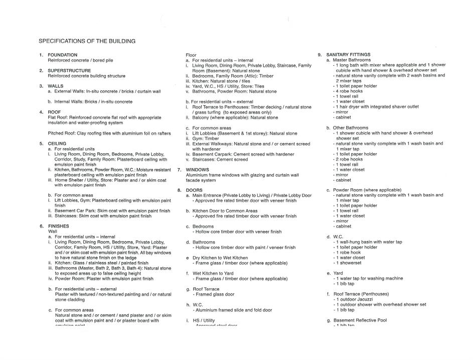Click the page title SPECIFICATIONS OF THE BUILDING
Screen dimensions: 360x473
pyautogui.click(x=87, y=41)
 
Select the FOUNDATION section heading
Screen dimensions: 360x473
pyautogui.click(x=62, y=55)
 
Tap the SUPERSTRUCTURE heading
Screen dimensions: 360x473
pyautogui.click(x=69, y=71)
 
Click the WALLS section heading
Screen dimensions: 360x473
pyautogui.click(x=55, y=86)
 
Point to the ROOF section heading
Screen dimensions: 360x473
pyautogui.click(x=54, y=112)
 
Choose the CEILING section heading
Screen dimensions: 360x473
pyautogui.click(x=57, y=144)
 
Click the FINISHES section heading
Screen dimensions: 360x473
pyautogui.click(x=59, y=226)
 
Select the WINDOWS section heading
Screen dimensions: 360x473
pyautogui.click(x=197, y=170)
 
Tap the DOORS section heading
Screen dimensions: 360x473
pyautogui.click(x=194, y=190)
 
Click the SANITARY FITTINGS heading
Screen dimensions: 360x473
pyautogui.click(x=348, y=54)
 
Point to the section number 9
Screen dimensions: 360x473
pyautogui.click(x=320, y=54)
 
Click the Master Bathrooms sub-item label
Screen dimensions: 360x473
pyautogui.click(x=352, y=60)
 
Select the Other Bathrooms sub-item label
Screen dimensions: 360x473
pyautogui.click(x=351, y=128)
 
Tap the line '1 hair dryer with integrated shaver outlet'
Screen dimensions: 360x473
pyautogui.click(x=377, y=106)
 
